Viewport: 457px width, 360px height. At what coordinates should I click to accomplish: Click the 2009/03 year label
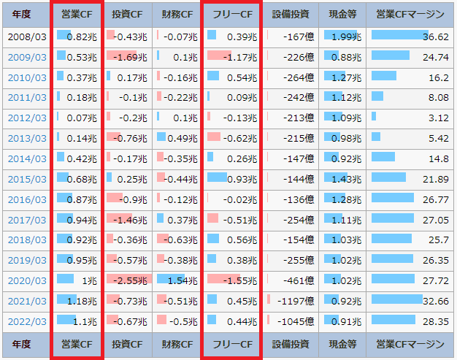point(26,57)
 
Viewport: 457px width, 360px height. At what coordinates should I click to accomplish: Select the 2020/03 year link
point(26,280)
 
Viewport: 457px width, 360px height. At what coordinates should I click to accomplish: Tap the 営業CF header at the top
point(77,14)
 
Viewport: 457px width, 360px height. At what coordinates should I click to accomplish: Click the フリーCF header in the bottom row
point(230,344)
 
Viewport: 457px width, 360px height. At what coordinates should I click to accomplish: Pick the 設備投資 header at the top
point(291,14)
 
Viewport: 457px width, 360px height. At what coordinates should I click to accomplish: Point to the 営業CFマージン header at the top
point(410,14)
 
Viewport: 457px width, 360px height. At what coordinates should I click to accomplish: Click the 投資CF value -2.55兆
point(131,280)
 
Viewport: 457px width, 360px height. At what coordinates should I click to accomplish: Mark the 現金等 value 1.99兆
point(347,37)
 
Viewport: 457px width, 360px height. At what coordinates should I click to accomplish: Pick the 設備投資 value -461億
point(299,280)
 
